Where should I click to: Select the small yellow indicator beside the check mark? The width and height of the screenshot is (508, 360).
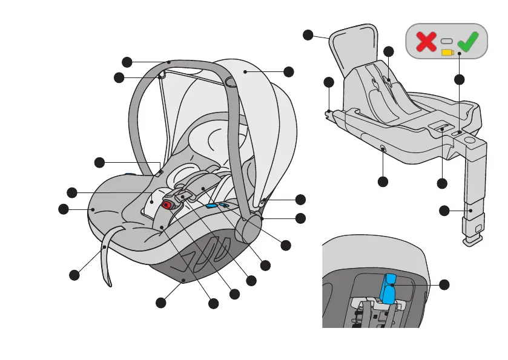[x=447, y=53]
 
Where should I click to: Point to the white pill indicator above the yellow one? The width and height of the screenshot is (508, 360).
[x=447, y=41]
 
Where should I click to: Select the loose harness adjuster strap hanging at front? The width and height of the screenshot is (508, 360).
[x=107, y=260]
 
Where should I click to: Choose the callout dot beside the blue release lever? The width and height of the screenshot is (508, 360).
[x=444, y=284]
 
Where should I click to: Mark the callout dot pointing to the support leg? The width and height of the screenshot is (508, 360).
[x=444, y=211]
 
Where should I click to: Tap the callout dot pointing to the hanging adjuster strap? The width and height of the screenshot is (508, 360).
[x=74, y=275]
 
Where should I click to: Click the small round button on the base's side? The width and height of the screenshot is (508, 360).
[x=383, y=148]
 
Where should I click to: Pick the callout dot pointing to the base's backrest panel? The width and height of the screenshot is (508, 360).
[x=308, y=35]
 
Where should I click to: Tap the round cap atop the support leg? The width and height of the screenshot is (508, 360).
[x=470, y=141]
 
